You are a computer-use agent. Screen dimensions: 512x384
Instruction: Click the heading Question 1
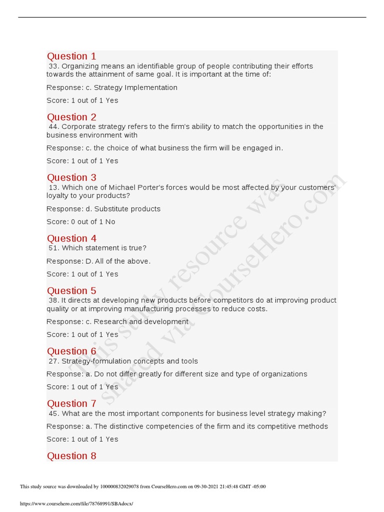click(71, 56)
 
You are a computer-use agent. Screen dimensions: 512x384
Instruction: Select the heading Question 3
click(71, 177)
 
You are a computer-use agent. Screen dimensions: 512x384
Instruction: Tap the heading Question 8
click(71, 455)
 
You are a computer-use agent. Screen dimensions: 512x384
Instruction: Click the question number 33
click(53, 66)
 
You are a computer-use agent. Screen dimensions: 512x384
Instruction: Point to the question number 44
click(53, 126)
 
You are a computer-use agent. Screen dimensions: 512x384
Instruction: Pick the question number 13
click(53, 187)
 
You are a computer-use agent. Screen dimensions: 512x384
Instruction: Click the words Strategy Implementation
click(135, 87)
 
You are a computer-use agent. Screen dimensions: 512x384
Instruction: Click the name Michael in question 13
click(123, 187)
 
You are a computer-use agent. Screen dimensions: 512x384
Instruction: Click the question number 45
click(53, 413)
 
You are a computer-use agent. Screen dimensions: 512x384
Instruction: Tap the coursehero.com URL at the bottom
click(76, 503)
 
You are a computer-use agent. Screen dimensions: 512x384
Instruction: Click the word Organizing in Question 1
click(79, 66)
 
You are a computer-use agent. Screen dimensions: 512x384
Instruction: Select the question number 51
click(53, 248)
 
